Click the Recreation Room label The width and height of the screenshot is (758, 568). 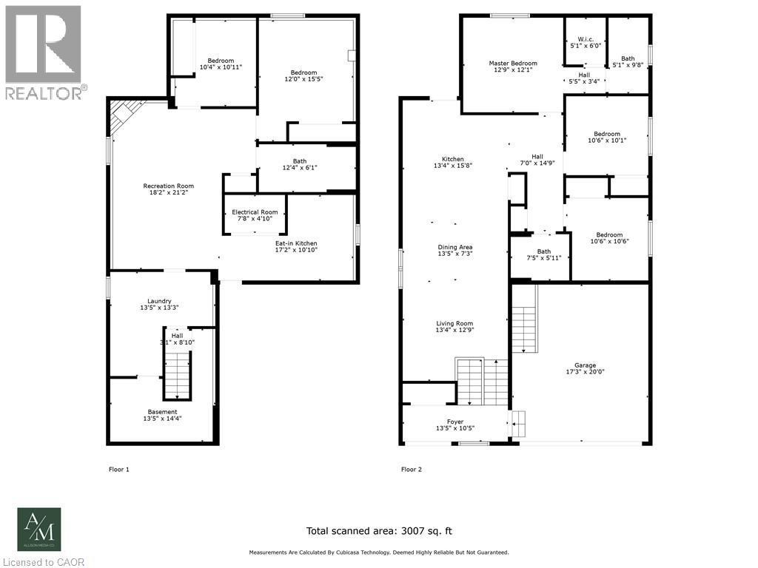168,186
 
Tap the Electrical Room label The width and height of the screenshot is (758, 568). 255,212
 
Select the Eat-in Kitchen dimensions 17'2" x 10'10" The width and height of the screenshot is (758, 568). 296,250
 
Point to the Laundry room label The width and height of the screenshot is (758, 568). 159,301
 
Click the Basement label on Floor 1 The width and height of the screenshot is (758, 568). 162,412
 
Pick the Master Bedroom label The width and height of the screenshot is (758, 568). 513,64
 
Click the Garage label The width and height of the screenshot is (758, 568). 585,365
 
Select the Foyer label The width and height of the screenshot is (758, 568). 455,422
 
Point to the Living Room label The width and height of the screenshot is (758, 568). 455,323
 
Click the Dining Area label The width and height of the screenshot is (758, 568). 455,247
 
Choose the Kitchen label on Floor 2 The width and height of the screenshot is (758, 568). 453,159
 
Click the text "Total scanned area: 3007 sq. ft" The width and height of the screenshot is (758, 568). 378,530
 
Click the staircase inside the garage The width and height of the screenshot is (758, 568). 523,319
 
